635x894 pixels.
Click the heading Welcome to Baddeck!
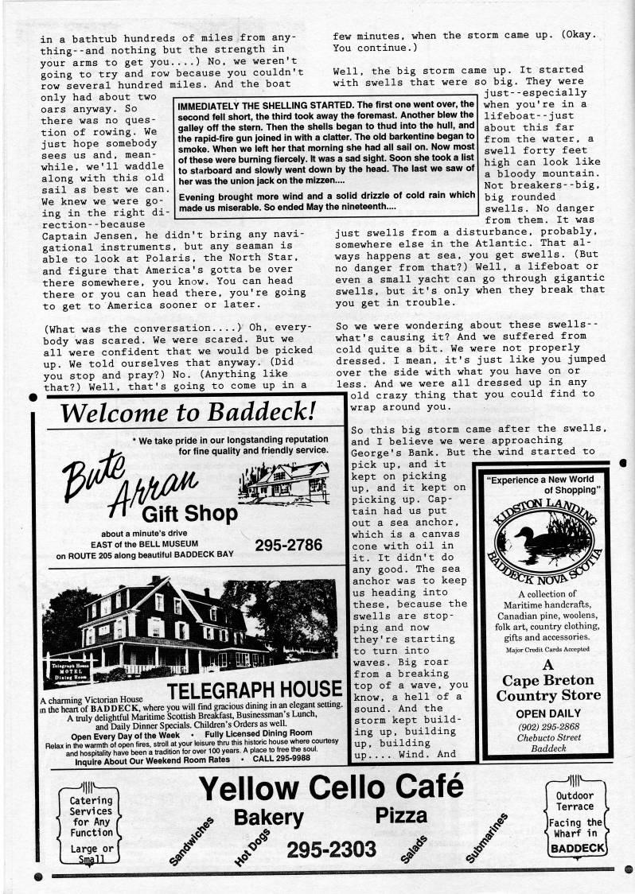coord(189,412)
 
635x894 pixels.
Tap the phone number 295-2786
coord(288,545)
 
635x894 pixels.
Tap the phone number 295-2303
coord(331,850)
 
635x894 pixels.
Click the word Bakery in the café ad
coord(268,817)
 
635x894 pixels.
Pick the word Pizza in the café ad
coord(401,814)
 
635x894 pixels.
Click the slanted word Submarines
coord(486,839)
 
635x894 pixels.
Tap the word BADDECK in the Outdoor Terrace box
coord(579,848)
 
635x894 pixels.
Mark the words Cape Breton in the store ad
coord(548,680)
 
